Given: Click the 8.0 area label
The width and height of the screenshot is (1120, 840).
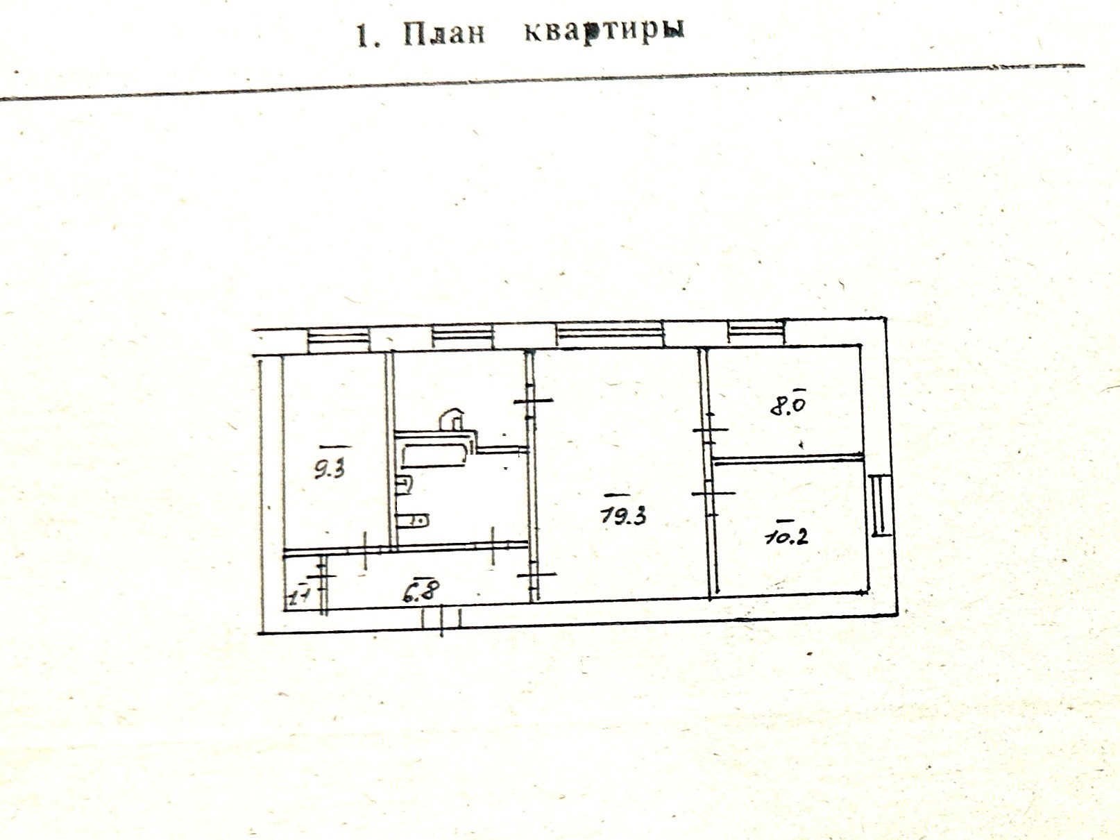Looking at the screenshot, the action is click(x=788, y=403).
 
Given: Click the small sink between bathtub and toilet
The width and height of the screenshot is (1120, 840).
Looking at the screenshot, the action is click(x=403, y=485).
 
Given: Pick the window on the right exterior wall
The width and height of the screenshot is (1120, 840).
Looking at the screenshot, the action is click(x=879, y=505).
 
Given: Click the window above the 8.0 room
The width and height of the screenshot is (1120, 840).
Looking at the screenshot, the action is click(x=756, y=332).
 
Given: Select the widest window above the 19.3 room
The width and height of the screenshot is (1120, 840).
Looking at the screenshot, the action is click(x=610, y=335).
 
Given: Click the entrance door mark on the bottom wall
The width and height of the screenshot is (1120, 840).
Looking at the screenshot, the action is click(x=443, y=619).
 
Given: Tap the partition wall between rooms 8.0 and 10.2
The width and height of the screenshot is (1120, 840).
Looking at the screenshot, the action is click(x=788, y=458).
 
